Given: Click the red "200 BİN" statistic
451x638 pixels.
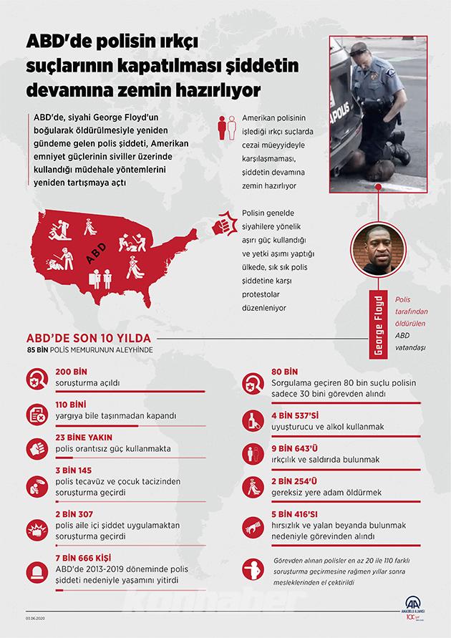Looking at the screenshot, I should (71, 373).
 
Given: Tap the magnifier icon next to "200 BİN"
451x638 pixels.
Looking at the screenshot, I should (37, 380).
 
